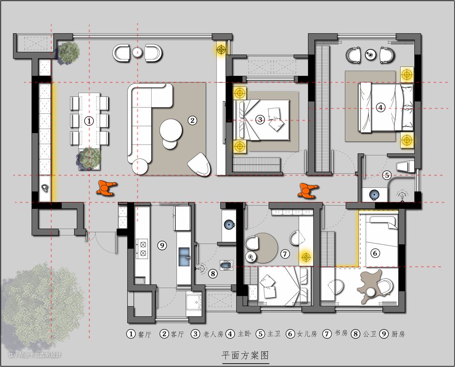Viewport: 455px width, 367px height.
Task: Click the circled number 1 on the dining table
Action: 89,121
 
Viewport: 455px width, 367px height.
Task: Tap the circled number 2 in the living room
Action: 192,120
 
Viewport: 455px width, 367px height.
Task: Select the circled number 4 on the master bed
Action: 380,107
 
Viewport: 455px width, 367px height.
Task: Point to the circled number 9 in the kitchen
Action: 162,246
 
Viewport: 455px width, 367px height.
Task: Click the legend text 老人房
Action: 213,334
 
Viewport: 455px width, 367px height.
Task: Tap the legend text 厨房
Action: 398,334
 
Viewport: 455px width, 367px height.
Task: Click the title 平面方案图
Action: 246,355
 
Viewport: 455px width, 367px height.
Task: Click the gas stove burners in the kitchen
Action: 142,249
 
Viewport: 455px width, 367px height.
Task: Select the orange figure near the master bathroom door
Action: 308,190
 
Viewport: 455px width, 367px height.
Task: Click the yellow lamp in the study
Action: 305,257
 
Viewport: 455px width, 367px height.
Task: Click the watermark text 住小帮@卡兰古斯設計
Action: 35,354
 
